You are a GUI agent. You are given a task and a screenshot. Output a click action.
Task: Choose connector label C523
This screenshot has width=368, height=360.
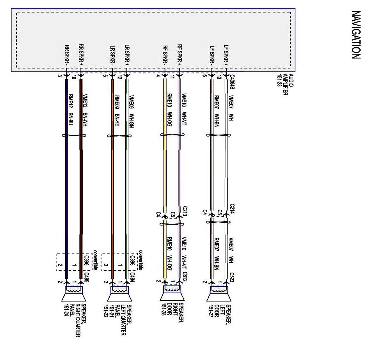232,276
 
